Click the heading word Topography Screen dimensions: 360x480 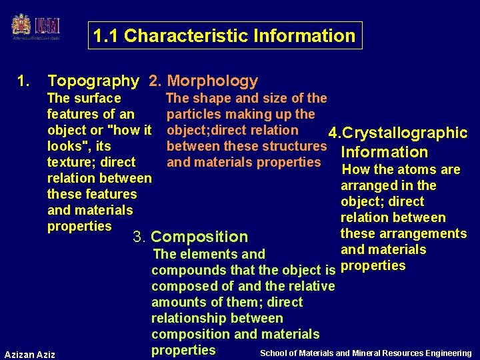(x=93, y=81)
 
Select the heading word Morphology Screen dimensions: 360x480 (x=213, y=81)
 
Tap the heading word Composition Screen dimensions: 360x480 (x=199, y=237)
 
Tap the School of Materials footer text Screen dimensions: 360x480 (x=365, y=353)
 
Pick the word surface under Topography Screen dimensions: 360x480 (x=97, y=98)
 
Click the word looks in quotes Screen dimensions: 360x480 (x=66, y=146)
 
